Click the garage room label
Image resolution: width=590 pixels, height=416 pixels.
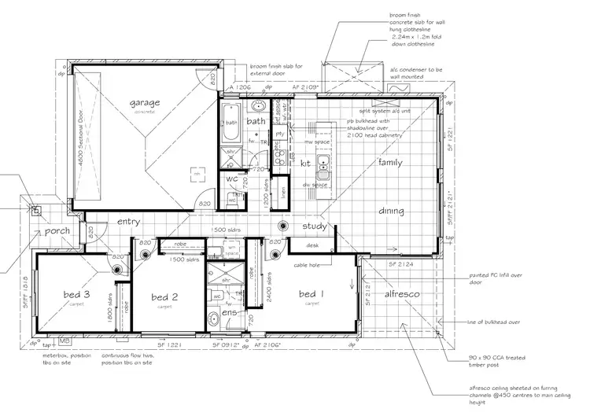click(x=146, y=102)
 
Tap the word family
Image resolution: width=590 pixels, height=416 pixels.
click(x=391, y=162)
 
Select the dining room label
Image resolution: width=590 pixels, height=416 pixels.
click(x=391, y=211)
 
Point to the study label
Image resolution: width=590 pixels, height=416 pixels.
click(x=315, y=226)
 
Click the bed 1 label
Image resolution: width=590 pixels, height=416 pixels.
click(x=312, y=294)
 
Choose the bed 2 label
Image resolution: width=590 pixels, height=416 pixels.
click(x=165, y=297)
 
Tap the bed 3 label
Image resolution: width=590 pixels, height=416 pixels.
click(x=77, y=295)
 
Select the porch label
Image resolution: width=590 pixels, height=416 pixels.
click(x=57, y=231)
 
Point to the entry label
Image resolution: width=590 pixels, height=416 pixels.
click(x=128, y=223)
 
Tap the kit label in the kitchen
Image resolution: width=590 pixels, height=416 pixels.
click(x=307, y=163)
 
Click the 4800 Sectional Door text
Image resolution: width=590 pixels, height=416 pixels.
click(x=76, y=134)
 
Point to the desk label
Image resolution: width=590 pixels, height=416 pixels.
click(x=313, y=246)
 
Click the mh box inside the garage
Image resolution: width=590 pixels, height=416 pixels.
click(x=197, y=172)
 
